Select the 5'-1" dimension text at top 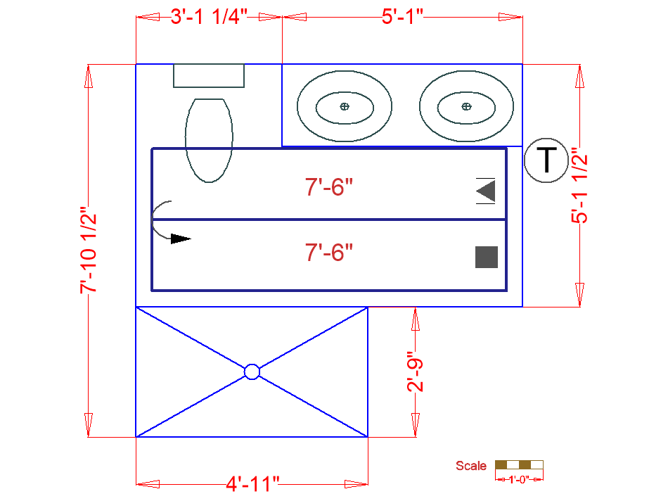[x=402, y=17]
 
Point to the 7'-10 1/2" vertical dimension [x=88, y=250]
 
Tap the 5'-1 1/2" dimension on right [x=579, y=186]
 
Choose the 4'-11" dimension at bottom [x=253, y=483]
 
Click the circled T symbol [x=546, y=160]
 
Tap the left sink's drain [x=344, y=106]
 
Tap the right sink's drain [x=466, y=106]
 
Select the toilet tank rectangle [x=209, y=75]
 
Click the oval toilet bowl [x=209, y=140]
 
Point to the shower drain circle [x=252, y=372]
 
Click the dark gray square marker [x=487, y=257]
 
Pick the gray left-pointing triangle [x=486, y=191]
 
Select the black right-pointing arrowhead [x=181, y=239]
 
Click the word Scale [x=470, y=466]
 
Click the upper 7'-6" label [x=328, y=188]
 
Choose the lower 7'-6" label [x=328, y=252]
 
